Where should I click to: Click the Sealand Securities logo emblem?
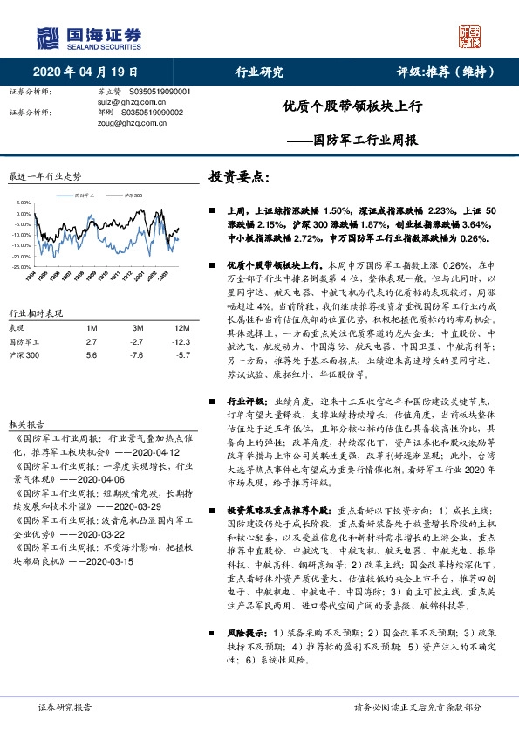(47, 37)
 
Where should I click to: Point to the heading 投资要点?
(238, 176)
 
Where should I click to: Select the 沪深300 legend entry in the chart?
(133, 196)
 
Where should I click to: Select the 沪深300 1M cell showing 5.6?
(92, 356)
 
